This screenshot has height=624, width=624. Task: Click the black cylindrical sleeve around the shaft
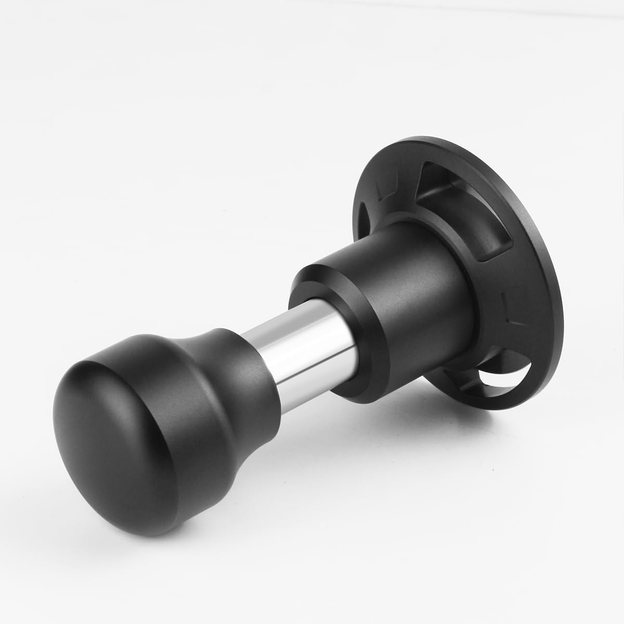(416, 312)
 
